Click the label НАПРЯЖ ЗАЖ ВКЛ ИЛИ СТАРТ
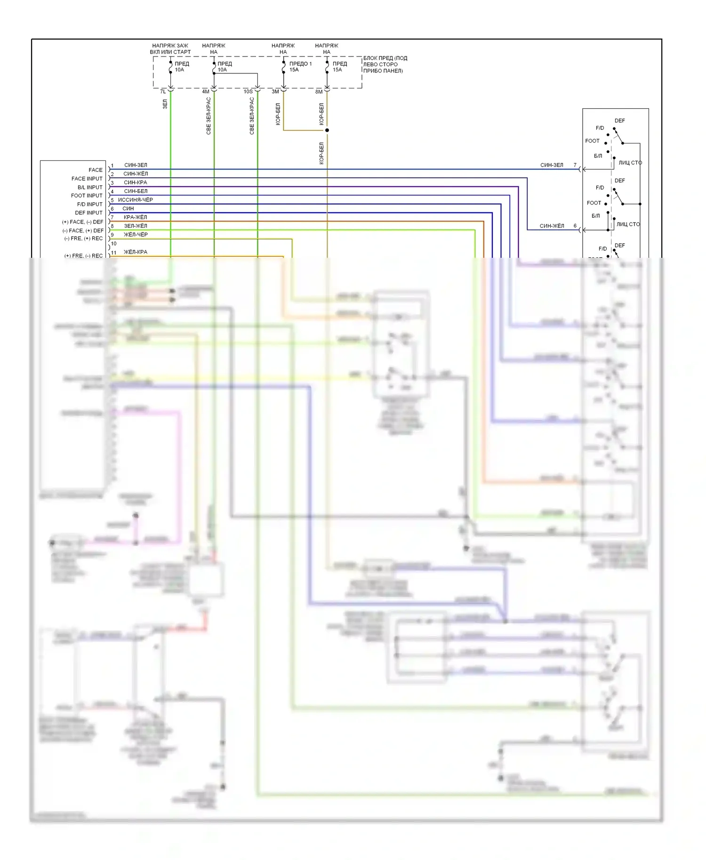(x=170, y=49)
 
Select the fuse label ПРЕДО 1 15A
(x=300, y=67)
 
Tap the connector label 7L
(x=163, y=92)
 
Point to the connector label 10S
(x=248, y=92)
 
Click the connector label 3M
(x=275, y=92)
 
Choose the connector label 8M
(x=319, y=92)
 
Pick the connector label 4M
(x=206, y=92)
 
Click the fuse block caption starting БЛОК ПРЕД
(x=385, y=64)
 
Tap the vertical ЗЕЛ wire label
(x=165, y=104)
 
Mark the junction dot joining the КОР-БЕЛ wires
(x=327, y=130)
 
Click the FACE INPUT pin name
(x=87, y=179)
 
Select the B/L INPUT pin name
(x=89, y=187)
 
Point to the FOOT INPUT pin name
(x=87, y=196)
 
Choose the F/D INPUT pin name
(x=89, y=204)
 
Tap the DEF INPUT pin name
(x=88, y=213)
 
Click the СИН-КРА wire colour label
(x=136, y=183)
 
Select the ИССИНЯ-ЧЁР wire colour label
(x=136, y=200)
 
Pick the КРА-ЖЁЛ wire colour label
(x=136, y=217)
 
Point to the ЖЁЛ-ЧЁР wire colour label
(x=136, y=235)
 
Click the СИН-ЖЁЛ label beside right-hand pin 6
(x=552, y=226)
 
